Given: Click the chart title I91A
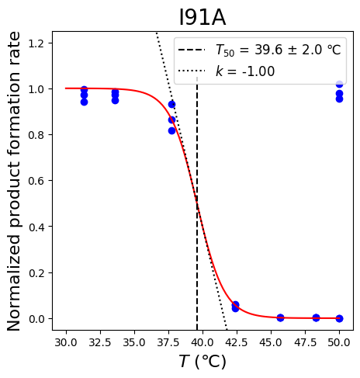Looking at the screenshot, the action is pos(202,18).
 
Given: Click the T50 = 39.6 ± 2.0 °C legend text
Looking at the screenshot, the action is pos(279,50).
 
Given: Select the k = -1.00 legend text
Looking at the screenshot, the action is pos(245,71).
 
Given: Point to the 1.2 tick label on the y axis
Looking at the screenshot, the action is pos(36,43).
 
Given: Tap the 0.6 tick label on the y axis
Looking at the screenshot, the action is pos(36,181).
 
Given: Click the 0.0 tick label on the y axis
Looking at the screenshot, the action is pos(36,319).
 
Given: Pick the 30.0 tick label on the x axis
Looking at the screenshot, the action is pos(66,342).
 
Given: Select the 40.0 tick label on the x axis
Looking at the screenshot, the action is pos(202,342).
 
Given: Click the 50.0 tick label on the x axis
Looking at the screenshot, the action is pos(339,342).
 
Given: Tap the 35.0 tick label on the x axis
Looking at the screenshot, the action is pos(134,342).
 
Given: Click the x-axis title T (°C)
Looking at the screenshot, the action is pos(202,362).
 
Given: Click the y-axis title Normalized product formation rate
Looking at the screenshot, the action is pos(13,181).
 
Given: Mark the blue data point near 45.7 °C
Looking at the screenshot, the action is pos(280,317).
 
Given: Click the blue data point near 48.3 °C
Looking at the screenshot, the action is pos(316,317).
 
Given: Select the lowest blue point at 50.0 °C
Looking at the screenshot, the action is pos(339,318).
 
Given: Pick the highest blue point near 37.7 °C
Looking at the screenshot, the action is pos(171,104).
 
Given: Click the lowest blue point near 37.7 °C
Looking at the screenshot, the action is pos(171,131).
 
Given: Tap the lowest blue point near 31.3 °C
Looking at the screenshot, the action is pos(84,102).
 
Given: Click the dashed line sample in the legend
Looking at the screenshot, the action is pos(192,50).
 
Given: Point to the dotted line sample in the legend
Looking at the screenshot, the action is pos(192,71).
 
